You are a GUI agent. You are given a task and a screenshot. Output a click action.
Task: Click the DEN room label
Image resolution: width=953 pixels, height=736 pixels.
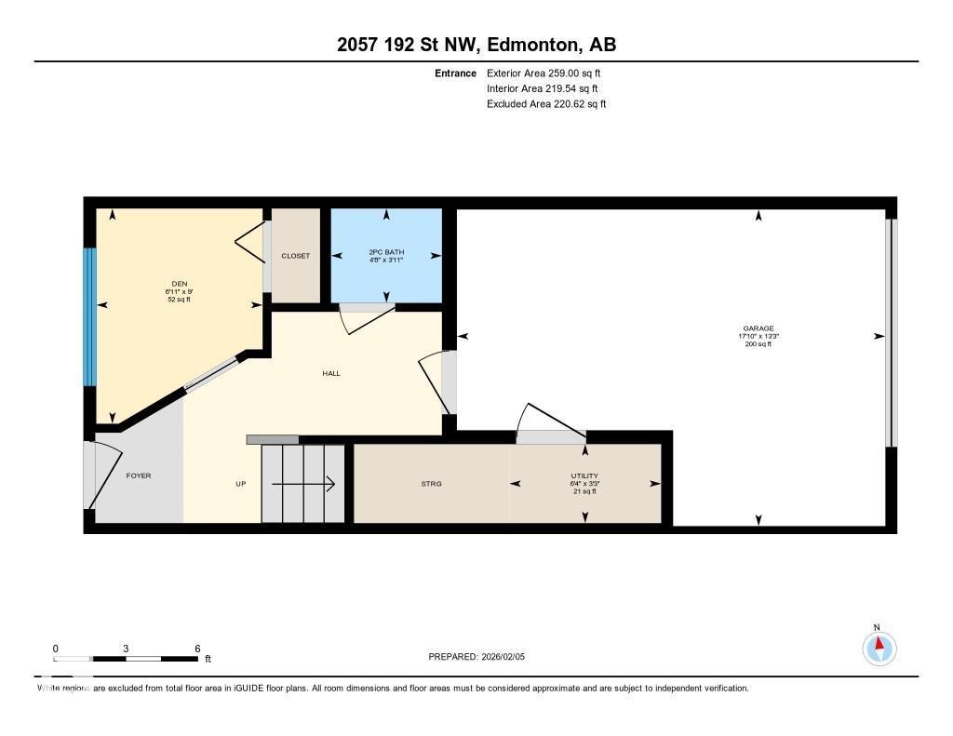(179, 284)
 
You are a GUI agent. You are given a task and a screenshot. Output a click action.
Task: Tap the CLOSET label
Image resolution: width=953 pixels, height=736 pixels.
(295, 256)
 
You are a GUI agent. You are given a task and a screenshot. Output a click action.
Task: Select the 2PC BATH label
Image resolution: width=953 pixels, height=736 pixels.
(386, 252)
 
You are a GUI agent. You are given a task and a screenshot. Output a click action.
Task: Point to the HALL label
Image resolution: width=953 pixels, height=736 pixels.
(331, 373)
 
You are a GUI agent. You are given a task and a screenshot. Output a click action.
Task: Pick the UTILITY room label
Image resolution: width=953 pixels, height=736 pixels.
(584, 476)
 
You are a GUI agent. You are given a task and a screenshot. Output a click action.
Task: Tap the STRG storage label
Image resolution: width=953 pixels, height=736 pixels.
(431, 484)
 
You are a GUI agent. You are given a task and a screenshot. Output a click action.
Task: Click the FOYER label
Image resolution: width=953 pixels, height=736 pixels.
(138, 475)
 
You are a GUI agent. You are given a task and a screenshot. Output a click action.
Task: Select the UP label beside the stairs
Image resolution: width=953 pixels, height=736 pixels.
(240, 484)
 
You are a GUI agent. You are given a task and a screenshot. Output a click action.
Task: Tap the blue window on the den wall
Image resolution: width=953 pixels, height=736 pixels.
(89, 316)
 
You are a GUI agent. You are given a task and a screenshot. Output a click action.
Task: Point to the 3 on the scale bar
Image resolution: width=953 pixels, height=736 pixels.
(125, 649)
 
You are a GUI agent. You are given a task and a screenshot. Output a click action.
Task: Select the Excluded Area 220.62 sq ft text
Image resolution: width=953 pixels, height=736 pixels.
(546, 104)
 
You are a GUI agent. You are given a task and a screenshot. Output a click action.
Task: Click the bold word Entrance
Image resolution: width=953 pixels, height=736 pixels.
(455, 73)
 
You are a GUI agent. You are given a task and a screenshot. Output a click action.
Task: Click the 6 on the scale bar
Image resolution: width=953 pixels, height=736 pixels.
(197, 649)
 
